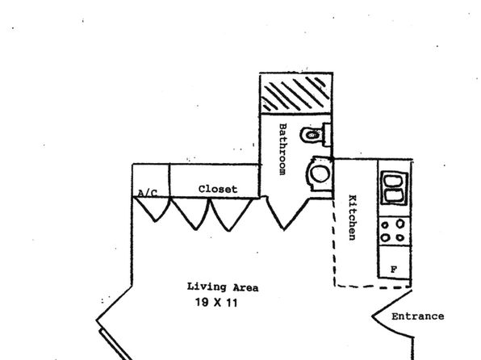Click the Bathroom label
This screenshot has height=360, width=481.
(x=282, y=149)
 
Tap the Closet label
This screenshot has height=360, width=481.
(x=218, y=189)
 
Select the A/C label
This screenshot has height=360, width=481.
(x=148, y=193)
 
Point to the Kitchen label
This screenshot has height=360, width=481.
(x=353, y=217)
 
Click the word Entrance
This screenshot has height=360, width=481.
(x=418, y=316)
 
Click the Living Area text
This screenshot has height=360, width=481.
(x=223, y=287)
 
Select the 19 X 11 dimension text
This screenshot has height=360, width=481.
(x=216, y=303)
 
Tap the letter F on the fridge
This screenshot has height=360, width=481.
(x=394, y=270)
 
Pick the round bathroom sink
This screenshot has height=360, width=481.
(x=320, y=174)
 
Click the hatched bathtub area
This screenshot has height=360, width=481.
(x=296, y=94)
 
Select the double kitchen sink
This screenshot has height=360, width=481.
(x=394, y=188)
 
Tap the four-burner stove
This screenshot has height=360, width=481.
(x=395, y=231)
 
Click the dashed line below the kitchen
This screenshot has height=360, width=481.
(x=373, y=287)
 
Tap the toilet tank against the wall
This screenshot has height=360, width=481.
(x=327, y=135)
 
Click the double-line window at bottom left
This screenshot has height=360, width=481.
(x=115, y=345)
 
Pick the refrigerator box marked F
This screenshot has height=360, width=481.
(x=395, y=262)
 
